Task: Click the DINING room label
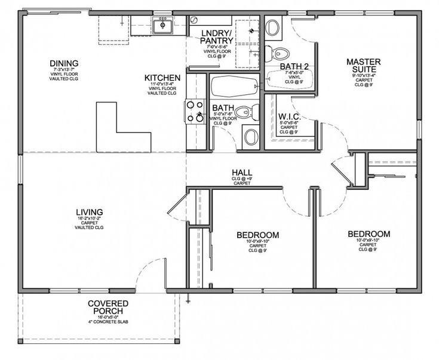pos(65,64)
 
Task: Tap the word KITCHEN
pos(162,78)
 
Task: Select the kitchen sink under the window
pos(162,26)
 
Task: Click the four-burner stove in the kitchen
pos(195,111)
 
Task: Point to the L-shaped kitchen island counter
pos(119,128)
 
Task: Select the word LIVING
pos(90,212)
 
